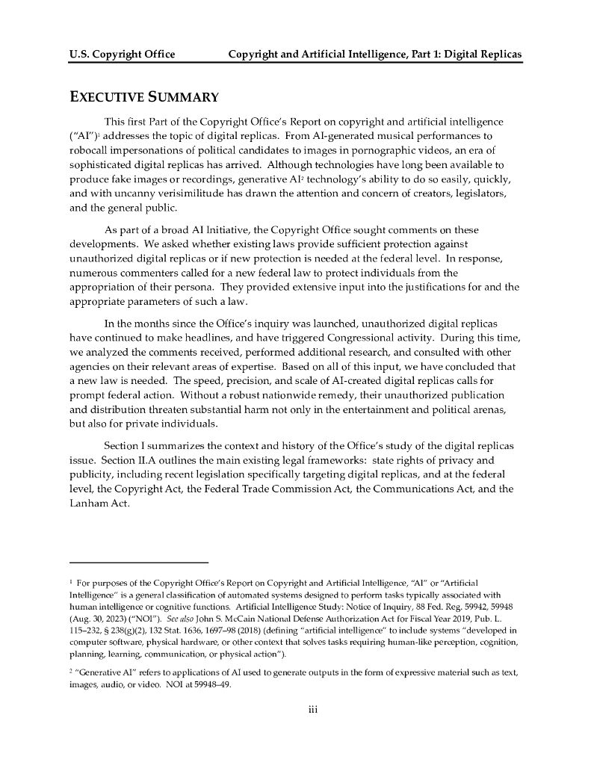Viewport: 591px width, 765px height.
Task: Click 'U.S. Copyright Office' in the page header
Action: click(x=122, y=55)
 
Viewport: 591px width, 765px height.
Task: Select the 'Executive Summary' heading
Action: click(x=143, y=97)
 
